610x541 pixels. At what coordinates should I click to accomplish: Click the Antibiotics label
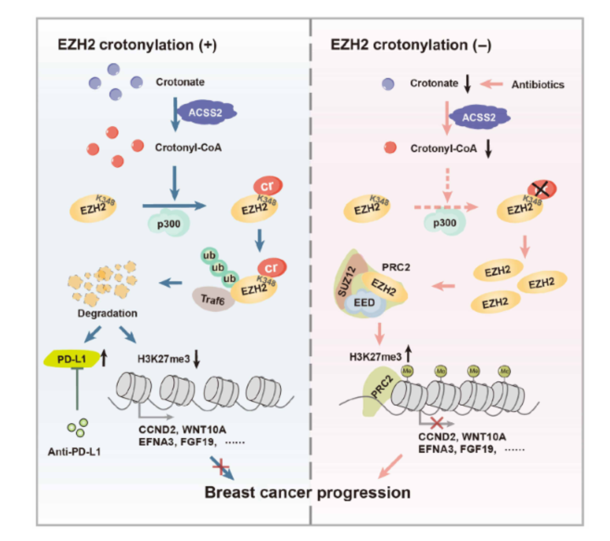pyautogui.click(x=538, y=85)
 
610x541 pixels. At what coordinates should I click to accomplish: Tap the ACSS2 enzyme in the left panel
pyautogui.click(x=206, y=112)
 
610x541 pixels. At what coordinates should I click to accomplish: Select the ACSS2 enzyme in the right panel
pyautogui.click(x=479, y=117)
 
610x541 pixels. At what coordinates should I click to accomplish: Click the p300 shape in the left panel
pyautogui.click(x=169, y=224)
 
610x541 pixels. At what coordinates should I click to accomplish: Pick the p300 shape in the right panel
pyautogui.click(x=444, y=223)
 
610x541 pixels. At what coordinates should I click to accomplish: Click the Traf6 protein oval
pyautogui.click(x=212, y=299)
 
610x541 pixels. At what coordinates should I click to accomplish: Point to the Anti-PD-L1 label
pyautogui.click(x=74, y=451)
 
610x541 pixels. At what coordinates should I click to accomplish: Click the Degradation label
pyautogui.click(x=107, y=313)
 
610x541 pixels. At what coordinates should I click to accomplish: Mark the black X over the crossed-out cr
pyautogui.click(x=542, y=189)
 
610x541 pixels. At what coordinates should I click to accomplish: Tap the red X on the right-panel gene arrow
pyautogui.click(x=437, y=423)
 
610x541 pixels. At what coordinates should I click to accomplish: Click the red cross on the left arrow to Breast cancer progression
pyautogui.click(x=221, y=466)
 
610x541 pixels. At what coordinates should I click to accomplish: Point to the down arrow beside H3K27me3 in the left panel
pyautogui.click(x=196, y=359)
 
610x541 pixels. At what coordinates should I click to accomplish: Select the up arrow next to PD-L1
pyautogui.click(x=103, y=357)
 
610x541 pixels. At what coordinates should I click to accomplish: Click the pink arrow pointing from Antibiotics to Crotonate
pyautogui.click(x=491, y=84)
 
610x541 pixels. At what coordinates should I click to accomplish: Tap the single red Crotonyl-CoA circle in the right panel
pyautogui.click(x=390, y=148)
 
